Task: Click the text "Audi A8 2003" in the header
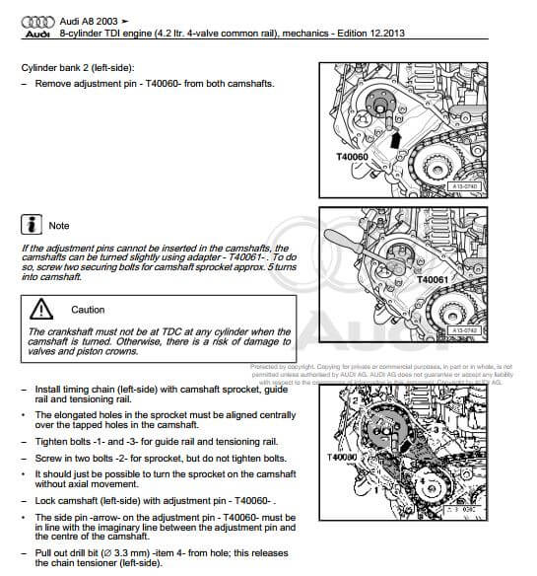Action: [x=96, y=19]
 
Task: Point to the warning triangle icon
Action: [x=42, y=308]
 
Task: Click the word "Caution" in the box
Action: [x=88, y=310]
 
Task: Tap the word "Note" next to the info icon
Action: [x=59, y=226]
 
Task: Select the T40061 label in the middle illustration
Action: [x=432, y=280]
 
